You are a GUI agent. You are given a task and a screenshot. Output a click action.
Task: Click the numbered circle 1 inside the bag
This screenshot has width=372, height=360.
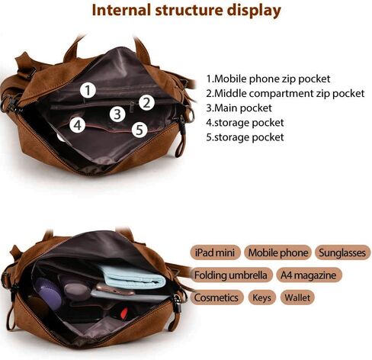click(88, 90)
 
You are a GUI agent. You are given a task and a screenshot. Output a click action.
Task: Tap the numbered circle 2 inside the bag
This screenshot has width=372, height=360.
click(146, 103)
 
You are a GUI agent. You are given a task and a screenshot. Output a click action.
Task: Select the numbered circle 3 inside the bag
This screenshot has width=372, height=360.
click(117, 114)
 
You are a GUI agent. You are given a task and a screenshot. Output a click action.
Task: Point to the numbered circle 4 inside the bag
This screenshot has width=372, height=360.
click(78, 125)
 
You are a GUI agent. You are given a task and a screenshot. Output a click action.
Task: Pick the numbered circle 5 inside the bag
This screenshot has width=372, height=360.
click(139, 130)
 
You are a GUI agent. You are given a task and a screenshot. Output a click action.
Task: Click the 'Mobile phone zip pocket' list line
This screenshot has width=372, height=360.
click(268, 79)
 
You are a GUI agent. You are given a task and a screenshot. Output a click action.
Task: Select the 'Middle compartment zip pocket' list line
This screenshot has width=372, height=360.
click(285, 94)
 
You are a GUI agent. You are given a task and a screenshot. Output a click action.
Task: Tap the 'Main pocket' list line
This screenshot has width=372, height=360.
click(239, 108)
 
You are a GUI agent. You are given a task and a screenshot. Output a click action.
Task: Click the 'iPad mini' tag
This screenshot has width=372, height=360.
click(215, 252)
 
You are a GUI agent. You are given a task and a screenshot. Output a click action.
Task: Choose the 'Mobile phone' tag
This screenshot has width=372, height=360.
click(277, 252)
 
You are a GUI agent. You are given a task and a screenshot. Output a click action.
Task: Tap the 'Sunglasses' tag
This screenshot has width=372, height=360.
click(342, 252)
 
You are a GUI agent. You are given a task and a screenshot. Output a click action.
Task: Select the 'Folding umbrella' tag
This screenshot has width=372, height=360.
click(231, 275)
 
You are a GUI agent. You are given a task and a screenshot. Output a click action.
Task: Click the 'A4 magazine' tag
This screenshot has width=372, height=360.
click(309, 275)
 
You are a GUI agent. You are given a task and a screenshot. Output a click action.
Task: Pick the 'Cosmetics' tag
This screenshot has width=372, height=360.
click(216, 297)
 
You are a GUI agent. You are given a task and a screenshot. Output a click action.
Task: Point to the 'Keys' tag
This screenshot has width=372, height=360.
click(262, 297)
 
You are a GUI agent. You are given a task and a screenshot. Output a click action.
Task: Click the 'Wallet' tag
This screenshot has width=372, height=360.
click(297, 297)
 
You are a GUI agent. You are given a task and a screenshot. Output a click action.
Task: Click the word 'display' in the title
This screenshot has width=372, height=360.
click(254, 11)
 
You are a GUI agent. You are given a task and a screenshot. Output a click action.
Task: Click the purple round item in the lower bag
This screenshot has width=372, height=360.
click(48, 294)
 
